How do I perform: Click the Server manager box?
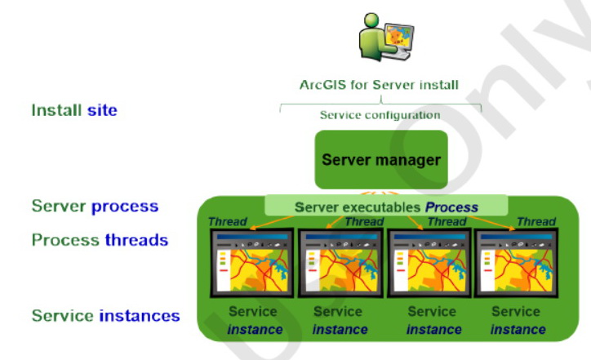click(x=381, y=160)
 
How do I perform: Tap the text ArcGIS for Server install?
click(x=380, y=84)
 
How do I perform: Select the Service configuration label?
click(x=380, y=115)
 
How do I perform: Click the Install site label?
click(x=74, y=109)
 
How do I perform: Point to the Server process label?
click(x=95, y=207)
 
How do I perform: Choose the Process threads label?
click(x=100, y=240)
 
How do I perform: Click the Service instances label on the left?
click(x=105, y=315)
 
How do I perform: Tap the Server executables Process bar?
click(x=386, y=207)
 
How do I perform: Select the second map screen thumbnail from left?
click(x=339, y=264)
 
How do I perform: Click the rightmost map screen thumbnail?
click(x=515, y=264)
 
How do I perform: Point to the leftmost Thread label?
click(x=226, y=221)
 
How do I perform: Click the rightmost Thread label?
click(x=535, y=221)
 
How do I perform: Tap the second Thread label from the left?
click(x=363, y=221)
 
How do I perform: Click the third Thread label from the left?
click(x=447, y=221)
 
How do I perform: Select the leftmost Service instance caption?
click(x=255, y=320)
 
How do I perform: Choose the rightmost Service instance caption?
click(x=517, y=320)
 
